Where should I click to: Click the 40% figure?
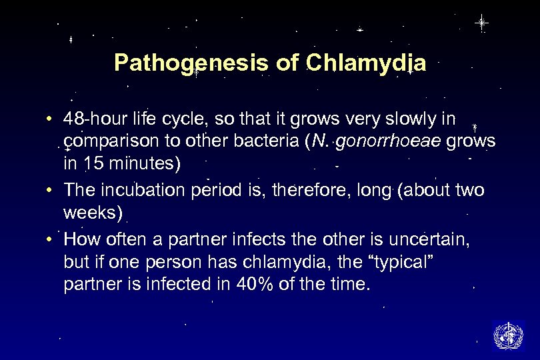[251, 284]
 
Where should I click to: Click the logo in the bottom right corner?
[507, 335]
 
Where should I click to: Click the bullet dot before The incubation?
[51, 191]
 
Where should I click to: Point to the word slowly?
[391, 119]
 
